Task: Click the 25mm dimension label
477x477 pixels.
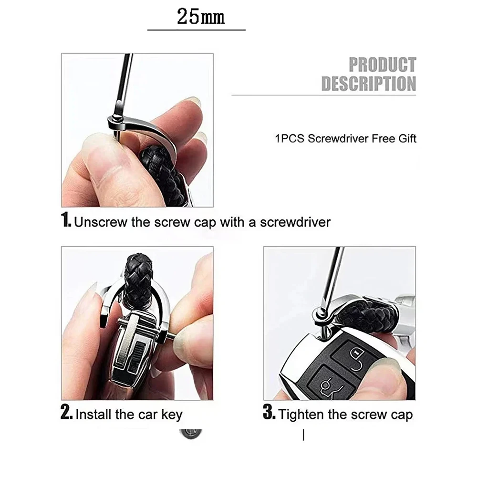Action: pyautogui.click(x=201, y=16)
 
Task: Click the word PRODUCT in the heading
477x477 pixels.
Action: pyautogui.click(x=383, y=65)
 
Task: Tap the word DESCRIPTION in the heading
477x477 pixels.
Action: pyautogui.click(x=369, y=83)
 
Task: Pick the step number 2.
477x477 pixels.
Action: pyautogui.click(x=66, y=412)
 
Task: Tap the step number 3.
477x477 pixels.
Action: pyautogui.click(x=269, y=412)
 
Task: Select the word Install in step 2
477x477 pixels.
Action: pyautogui.click(x=93, y=415)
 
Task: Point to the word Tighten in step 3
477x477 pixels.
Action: pyautogui.click(x=302, y=415)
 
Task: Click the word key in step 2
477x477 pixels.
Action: pyautogui.click(x=172, y=415)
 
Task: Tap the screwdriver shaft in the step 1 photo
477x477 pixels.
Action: pyautogui.click(x=124, y=82)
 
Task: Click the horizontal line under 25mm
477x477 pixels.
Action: pyautogui.click(x=197, y=30)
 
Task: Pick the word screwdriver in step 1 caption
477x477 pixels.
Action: pyautogui.click(x=295, y=222)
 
